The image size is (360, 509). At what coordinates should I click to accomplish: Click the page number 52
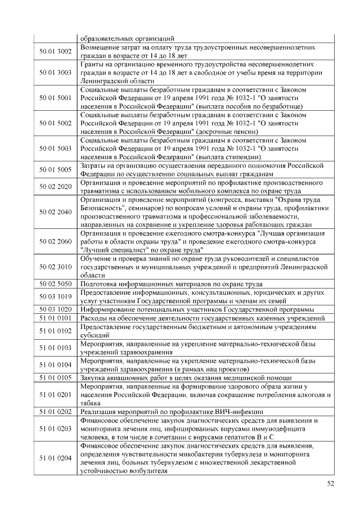point(330,483)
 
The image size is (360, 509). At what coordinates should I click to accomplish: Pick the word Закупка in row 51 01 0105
point(95,377)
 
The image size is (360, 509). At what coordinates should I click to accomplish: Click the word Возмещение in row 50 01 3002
point(103,48)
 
